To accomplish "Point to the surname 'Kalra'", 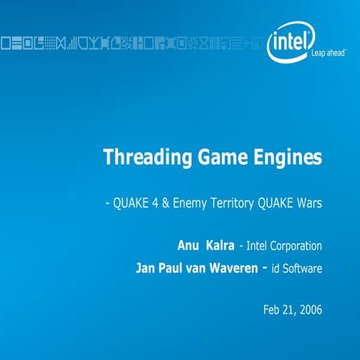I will click(219, 245).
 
